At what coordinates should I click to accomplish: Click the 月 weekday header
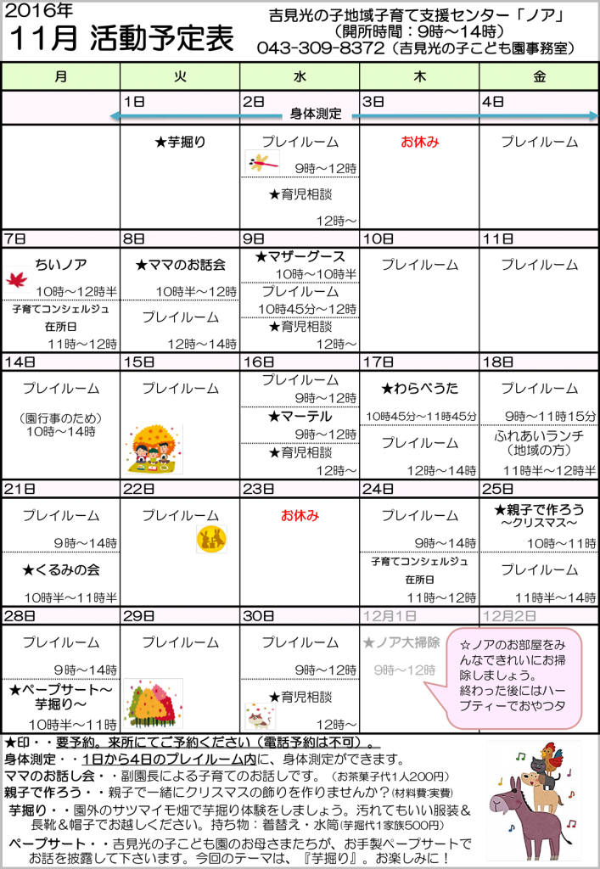[60, 76]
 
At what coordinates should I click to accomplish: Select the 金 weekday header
[539, 76]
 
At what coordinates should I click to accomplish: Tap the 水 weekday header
[300, 76]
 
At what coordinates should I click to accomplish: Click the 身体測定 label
[316, 114]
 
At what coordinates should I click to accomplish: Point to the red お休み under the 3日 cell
[420, 142]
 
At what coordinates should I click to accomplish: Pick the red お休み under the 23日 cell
[300, 515]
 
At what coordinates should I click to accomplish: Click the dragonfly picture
[262, 162]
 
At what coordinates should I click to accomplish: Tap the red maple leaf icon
[17, 278]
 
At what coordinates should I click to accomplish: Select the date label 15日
[138, 362]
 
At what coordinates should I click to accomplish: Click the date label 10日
[378, 239]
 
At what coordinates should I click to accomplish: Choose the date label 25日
[497, 489]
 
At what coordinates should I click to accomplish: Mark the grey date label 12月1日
[389, 615]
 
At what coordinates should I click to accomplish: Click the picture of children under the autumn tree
[154, 449]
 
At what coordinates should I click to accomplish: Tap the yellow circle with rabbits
[211, 539]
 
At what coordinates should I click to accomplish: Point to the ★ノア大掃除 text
[401, 643]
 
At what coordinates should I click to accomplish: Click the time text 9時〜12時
[405, 670]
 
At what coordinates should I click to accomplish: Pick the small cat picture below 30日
[261, 716]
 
